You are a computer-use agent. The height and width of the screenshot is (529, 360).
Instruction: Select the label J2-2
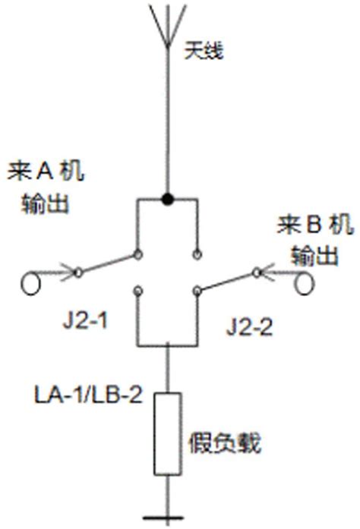249,328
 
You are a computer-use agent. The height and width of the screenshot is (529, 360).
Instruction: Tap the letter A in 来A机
43,172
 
